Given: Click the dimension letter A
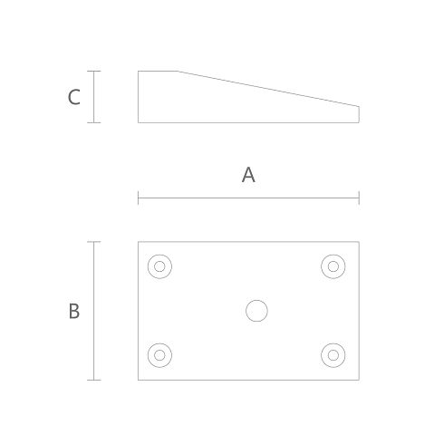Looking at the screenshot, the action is click(x=248, y=175).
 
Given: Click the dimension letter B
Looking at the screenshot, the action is click(x=74, y=311).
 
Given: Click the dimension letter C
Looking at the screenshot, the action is click(x=74, y=97).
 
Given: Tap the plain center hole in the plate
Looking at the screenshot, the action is click(x=256, y=311).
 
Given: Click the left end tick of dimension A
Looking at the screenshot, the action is click(x=139, y=198).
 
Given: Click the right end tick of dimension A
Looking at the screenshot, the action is click(x=359, y=198).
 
